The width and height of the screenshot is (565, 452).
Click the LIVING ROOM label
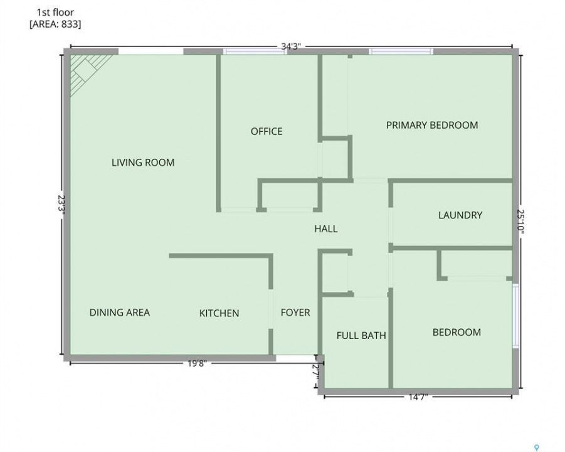point(143,163)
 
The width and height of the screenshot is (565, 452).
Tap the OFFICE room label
point(267,131)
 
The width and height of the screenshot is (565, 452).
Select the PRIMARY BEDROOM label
point(432,125)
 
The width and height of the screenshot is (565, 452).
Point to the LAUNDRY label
point(460,215)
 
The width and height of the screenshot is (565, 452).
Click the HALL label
point(325,229)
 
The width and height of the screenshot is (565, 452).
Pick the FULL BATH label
point(361,336)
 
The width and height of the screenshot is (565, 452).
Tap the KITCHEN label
point(219,313)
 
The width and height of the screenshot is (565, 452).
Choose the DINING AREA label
point(120,313)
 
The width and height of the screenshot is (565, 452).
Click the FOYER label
point(295,313)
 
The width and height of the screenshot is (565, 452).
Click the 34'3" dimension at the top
point(291,46)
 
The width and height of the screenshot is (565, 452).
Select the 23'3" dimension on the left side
point(61,205)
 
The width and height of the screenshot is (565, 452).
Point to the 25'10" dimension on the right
point(520,222)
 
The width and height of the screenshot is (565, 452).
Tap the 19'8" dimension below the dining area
point(197,363)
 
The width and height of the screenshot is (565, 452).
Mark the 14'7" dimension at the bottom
point(418,397)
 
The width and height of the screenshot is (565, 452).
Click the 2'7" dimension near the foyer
point(317,372)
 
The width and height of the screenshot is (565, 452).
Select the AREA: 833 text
point(55,24)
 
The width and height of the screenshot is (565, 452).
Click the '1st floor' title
point(55,13)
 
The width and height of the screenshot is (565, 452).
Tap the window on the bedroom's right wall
point(515,316)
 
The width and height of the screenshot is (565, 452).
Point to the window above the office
point(255,51)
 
